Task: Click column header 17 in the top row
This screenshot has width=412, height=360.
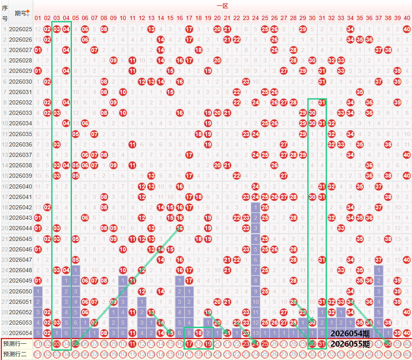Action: coord(189,18)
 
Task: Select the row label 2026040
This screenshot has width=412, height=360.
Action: coord(20,186)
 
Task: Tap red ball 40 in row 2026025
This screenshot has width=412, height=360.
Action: coord(407,29)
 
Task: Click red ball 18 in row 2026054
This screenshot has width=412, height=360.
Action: coord(198,333)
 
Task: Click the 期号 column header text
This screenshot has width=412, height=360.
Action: coord(20,13)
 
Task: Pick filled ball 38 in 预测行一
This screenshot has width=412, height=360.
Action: coord(388,344)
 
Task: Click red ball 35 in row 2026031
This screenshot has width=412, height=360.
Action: coord(360,92)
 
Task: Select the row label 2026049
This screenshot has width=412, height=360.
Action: coord(20,280)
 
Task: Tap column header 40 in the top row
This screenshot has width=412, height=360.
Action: coord(407,18)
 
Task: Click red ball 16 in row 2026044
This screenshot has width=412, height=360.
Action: coord(180,228)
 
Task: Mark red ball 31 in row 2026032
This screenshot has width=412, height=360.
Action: coord(322,102)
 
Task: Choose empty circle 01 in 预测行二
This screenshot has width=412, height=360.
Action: coord(38,355)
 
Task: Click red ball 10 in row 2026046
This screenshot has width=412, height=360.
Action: coord(123,249)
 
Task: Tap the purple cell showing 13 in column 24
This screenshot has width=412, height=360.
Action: coord(255,333)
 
